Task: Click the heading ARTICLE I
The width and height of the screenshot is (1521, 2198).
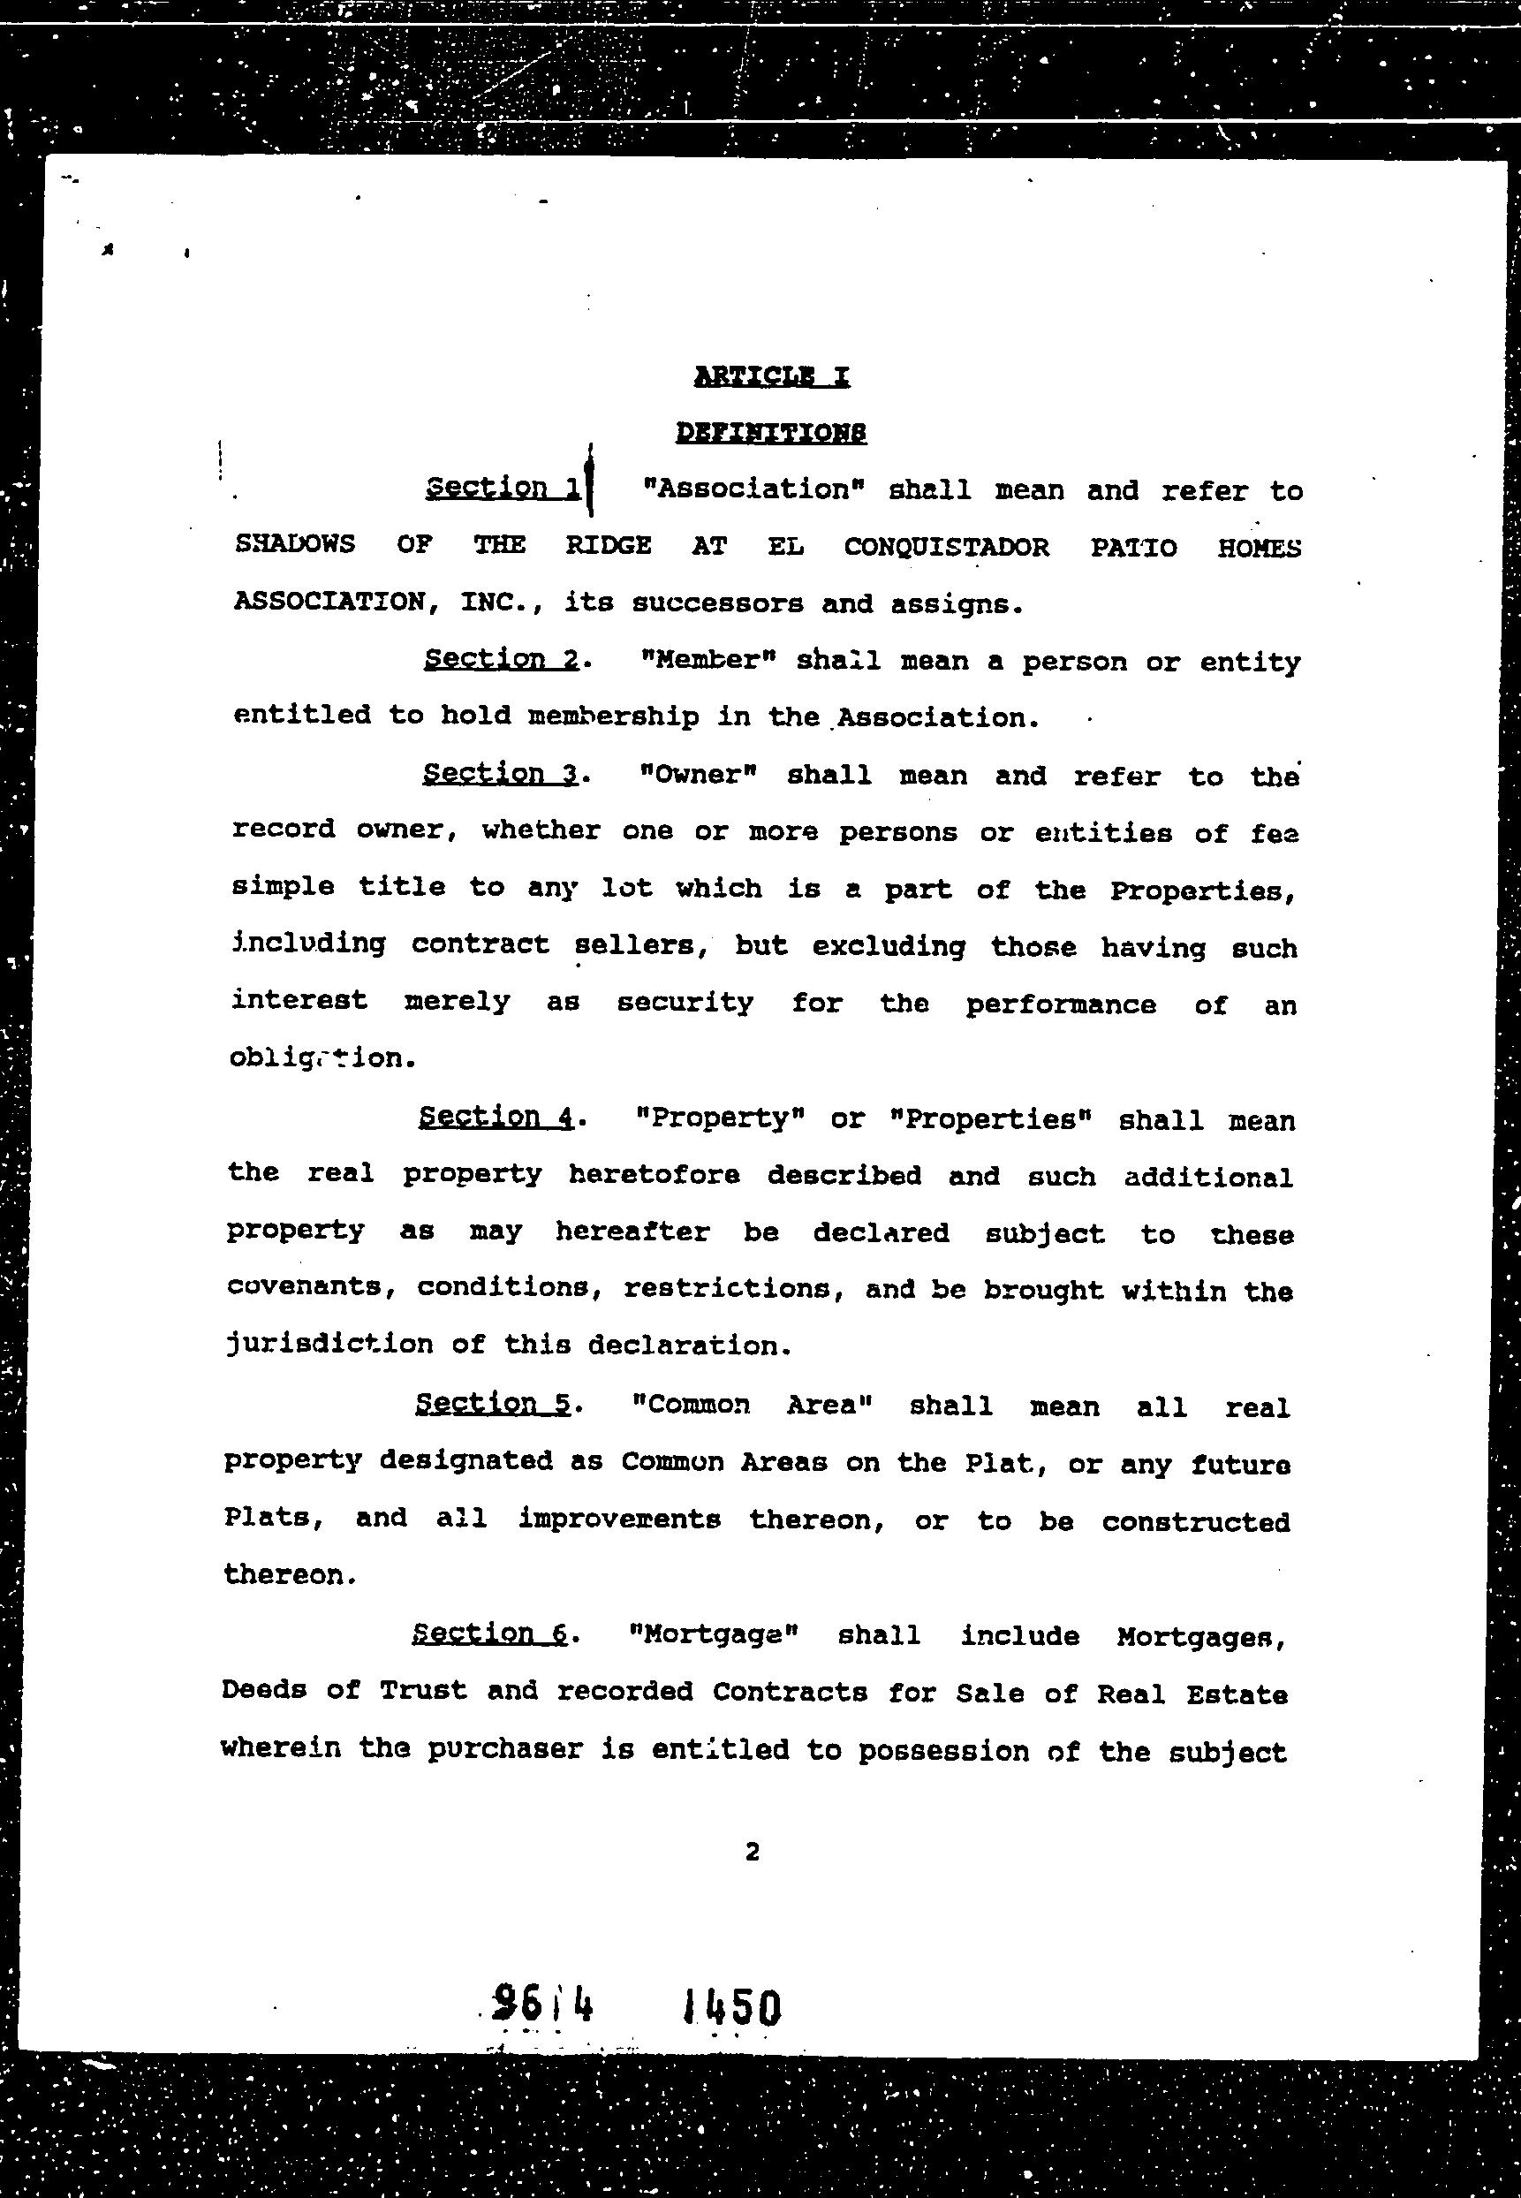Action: [x=771, y=376]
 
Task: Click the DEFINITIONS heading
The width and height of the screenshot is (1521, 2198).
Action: [x=771, y=433]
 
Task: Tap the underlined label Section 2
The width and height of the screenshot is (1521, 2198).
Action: [x=502, y=659]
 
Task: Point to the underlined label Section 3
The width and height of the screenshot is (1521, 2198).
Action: [x=500, y=773]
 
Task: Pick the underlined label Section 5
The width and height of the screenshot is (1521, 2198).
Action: [x=493, y=1403]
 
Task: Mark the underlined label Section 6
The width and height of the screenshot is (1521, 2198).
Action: [x=490, y=1633]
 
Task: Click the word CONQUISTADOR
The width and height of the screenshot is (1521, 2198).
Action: [x=946, y=547]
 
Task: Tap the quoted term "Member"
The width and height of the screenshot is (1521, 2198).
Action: [x=710, y=660]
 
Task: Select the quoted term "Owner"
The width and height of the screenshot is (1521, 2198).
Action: [x=699, y=774]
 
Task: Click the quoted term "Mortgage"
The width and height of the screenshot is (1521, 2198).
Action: [x=714, y=1635]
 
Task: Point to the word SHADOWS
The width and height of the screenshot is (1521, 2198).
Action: [x=294, y=544]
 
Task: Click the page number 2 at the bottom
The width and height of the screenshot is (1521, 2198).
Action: [x=752, y=1852]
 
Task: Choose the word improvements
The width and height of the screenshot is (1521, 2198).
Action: [x=619, y=1519]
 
